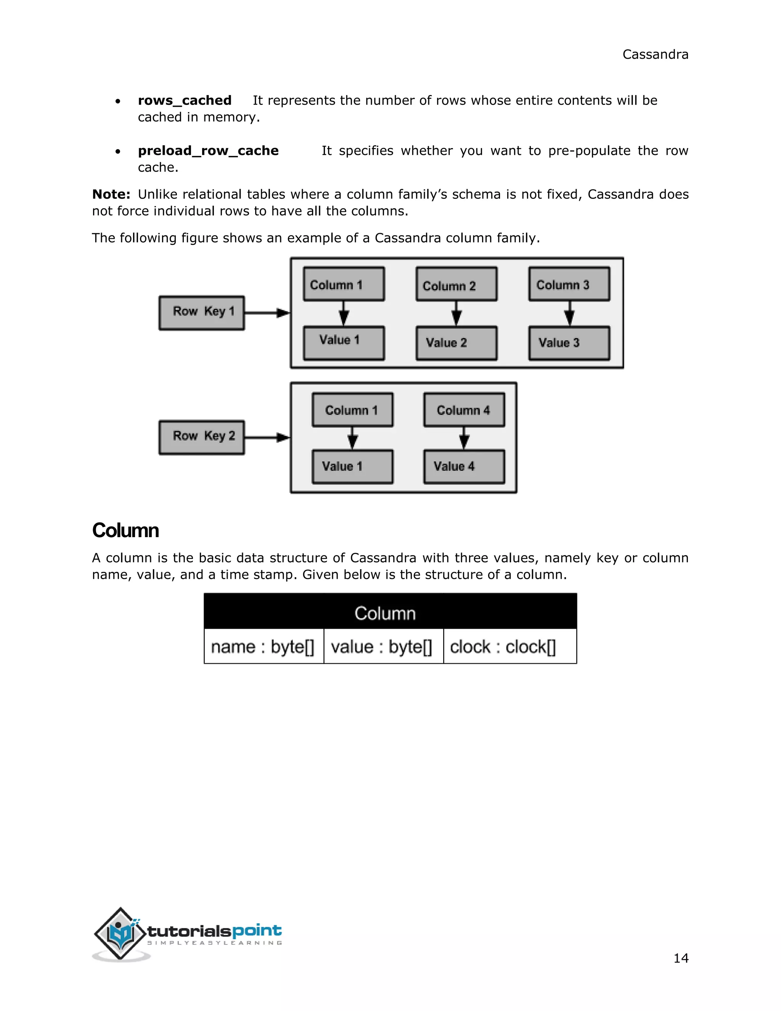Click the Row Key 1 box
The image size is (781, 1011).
[x=202, y=313]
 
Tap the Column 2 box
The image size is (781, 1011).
[x=456, y=284]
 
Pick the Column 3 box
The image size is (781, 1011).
[x=569, y=284]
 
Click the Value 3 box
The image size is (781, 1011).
[x=569, y=343]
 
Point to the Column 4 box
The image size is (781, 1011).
[x=464, y=410]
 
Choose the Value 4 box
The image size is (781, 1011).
[x=464, y=467]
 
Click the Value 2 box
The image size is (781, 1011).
[x=456, y=343]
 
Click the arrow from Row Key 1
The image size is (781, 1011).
[x=267, y=313]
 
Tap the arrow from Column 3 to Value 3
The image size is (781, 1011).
[x=570, y=313]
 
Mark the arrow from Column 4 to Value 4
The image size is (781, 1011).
[x=464, y=438]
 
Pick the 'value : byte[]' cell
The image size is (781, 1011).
[x=383, y=646]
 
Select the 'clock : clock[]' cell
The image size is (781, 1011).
[x=509, y=646]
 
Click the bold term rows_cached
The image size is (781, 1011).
[x=185, y=100]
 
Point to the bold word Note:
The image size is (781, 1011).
[x=111, y=195]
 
